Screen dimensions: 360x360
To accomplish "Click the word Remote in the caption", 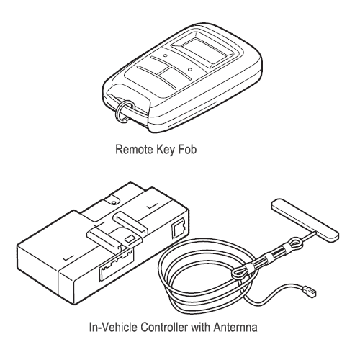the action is point(134,150).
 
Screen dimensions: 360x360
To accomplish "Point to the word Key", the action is point(165,150).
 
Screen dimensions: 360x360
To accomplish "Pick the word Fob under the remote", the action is point(187,150).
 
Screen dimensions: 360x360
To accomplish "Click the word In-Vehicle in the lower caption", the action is point(113,327).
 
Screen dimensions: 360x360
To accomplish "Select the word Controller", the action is point(164,327).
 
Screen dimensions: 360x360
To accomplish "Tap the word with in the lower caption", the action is point(200,327).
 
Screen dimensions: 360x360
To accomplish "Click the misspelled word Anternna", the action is point(235,327).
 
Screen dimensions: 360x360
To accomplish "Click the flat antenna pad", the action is point(305,220).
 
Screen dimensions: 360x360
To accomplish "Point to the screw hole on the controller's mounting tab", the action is point(114,203).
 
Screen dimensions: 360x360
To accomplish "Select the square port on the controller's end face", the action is point(179,228).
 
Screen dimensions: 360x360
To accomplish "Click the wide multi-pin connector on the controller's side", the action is point(116,264).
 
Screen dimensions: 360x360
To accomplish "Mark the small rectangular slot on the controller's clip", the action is point(130,239).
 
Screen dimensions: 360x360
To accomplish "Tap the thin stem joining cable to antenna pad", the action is point(310,236).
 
